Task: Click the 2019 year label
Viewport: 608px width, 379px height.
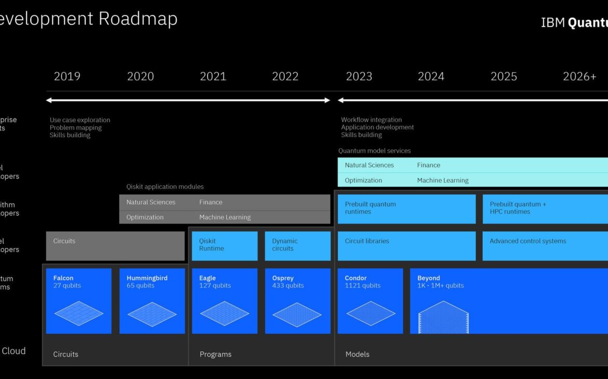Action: pyautogui.click(x=67, y=76)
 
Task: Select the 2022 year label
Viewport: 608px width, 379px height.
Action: pyautogui.click(x=285, y=76)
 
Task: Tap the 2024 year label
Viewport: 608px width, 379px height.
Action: pyautogui.click(x=431, y=76)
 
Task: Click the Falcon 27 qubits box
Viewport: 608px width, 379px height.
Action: pyautogui.click(x=78, y=301)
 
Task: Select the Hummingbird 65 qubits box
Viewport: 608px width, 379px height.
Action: pyautogui.click(x=152, y=301)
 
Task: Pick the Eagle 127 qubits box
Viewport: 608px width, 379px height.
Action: pyautogui.click(x=224, y=301)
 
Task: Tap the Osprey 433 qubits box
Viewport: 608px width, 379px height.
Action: pyautogui.click(x=297, y=301)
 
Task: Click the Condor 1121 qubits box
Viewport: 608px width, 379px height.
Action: pyautogui.click(x=370, y=301)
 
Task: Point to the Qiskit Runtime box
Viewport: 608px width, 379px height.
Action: pyautogui.click(x=224, y=246)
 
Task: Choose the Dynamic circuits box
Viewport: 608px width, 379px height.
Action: pyautogui.click(x=297, y=246)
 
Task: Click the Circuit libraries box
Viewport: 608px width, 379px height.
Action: pyautogui.click(x=406, y=246)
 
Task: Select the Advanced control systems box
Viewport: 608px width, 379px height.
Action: pyautogui.click(x=545, y=246)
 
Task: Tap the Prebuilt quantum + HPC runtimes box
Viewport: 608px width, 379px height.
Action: pyautogui.click(x=545, y=209)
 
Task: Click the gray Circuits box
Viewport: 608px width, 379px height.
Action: pyautogui.click(x=115, y=246)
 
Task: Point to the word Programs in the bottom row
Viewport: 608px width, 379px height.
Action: pyautogui.click(x=215, y=354)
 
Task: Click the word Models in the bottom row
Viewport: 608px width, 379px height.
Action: pyautogui.click(x=358, y=354)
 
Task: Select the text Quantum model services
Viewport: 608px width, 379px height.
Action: pyautogui.click(x=374, y=151)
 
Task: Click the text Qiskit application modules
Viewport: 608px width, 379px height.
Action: pyautogui.click(x=165, y=186)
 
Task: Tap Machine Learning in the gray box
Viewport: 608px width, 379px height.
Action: pyautogui.click(x=224, y=217)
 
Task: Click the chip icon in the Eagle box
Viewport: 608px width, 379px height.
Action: pyautogui.click(x=224, y=314)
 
